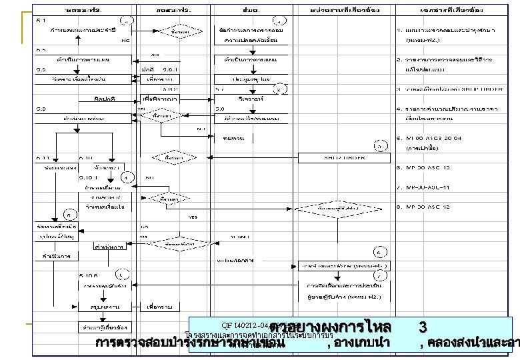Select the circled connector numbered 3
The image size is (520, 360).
click(x=378, y=145)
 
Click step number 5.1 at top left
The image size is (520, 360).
click(x=41, y=20)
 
